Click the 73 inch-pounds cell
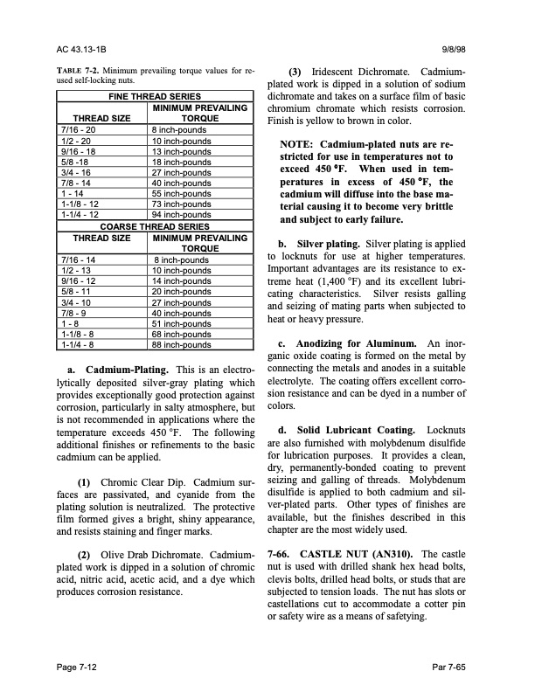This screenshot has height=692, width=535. click(181, 204)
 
